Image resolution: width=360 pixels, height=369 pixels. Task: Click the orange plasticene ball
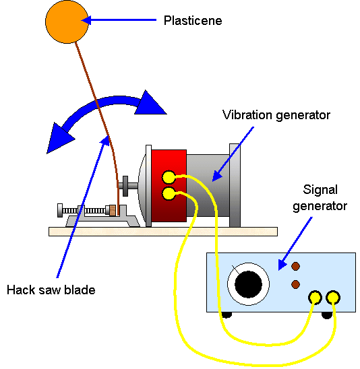click(67, 22)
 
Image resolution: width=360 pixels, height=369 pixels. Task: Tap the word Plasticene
click(193, 21)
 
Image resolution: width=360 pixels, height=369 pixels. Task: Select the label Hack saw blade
click(51, 290)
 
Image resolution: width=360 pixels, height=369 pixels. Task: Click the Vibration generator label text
click(276, 115)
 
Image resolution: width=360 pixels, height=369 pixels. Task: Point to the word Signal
click(320, 190)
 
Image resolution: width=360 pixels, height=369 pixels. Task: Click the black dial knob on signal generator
click(248, 284)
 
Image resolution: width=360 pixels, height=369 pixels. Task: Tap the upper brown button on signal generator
click(295, 267)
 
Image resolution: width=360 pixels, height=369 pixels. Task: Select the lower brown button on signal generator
click(295, 284)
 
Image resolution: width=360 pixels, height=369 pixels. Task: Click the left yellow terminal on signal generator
click(315, 298)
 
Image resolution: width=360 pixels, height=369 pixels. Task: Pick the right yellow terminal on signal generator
click(333, 298)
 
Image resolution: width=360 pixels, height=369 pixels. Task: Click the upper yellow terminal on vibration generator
click(169, 177)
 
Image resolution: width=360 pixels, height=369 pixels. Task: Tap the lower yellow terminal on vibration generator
click(169, 194)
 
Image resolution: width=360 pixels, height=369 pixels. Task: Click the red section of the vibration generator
click(169, 186)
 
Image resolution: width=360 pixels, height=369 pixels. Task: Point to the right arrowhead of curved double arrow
click(150, 104)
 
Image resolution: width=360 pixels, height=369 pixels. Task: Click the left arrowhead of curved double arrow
click(59, 139)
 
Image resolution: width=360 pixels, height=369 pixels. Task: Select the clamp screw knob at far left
click(60, 210)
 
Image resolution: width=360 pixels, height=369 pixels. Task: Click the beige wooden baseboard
click(163, 232)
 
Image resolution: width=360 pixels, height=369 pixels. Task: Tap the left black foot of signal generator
click(227, 315)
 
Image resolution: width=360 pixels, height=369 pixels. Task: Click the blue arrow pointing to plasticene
click(119, 20)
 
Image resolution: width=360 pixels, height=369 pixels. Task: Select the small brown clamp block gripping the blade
click(113, 210)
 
